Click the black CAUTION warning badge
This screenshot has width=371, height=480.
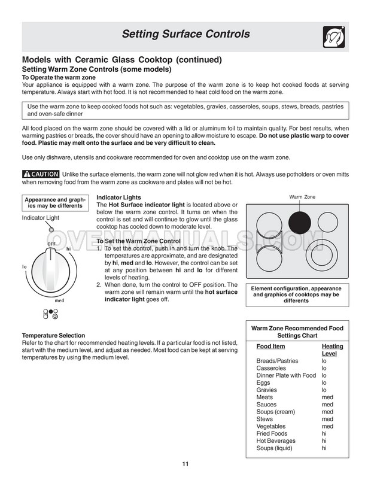pyautogui.click(x=40, y=174)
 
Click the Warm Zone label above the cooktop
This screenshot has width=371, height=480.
pyautogui.click(x=302, y=197)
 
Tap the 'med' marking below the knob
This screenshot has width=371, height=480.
pyautogui.click(x=59, y=300)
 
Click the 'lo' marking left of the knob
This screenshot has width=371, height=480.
pyautogui.click(x=25, y=266)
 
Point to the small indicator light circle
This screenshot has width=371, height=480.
pyautogui.click(x=51, y=230)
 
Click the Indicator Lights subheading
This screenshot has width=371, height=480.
pyautogui.click(x=118, y=198)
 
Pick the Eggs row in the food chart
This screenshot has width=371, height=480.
pyautogui.click(x=263, y=382)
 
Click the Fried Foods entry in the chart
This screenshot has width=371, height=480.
pyautogui.click(x=272, y=433)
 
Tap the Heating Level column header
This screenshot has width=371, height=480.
pyautogui.click(x=332, y=350)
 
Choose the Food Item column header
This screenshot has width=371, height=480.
pyautogui.click(x=270, y=347)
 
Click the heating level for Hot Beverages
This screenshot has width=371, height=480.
pyautogui.click(x=324, y=440)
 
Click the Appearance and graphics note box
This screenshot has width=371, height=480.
pyautogui.click(x=54, y=203)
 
